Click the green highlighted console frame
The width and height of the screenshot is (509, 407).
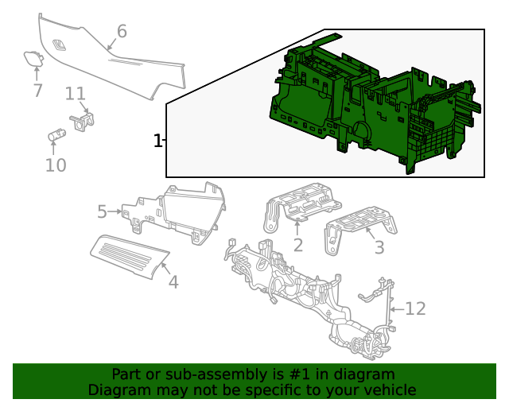(x=374, y=103)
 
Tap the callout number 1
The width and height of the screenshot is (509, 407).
(x=157, y=141)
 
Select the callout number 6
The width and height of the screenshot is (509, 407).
(x=122, y=32)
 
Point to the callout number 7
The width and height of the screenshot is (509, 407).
(x=37, y=91)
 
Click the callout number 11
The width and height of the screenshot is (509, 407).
(x=76, y=94)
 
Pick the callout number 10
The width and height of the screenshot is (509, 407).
(x=56, y=165)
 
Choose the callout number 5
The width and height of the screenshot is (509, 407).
(x=102, y=212)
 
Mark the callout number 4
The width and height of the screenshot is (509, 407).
(x=173, y=281)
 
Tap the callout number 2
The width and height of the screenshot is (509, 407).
(x=297, y=245)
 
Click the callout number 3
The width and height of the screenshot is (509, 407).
(x=379, y=248)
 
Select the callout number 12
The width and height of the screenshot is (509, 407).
(x=416, y=308)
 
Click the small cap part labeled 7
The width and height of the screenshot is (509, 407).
(x=33, y=57)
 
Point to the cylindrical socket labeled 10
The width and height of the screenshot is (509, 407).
(x=56, y=135)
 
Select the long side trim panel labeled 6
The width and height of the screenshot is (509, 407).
(x=119, y=68)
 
